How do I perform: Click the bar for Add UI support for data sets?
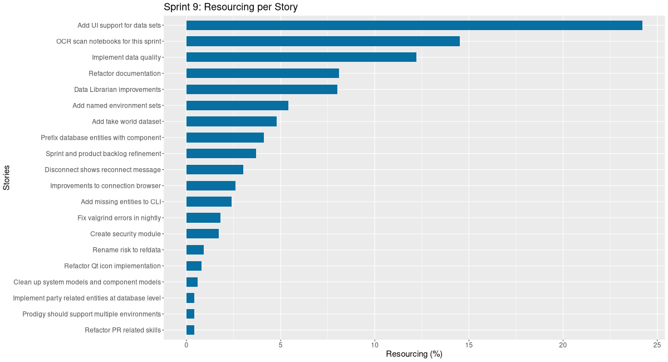pyautogui.click(x=414, y=25)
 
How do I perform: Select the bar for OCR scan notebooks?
pyautogui.click(x=323, y=41)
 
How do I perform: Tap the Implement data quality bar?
pyautogui.click(x=301, y=57)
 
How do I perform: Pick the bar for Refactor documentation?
pyautogui.click(x=262, y=74)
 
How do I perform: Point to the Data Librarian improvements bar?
pyautogui.click(x=262, y=90)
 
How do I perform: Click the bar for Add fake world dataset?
pyautogui.click(x=231, y=121)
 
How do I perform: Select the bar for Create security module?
pyautogui.click(x=202, y=234)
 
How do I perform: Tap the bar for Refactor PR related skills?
pyautogui.click(x=190, y=330)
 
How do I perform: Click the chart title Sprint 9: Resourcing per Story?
pyautogui.click(x=230, y=7)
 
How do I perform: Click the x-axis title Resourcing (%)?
pyautogui.click(x=414, y=354)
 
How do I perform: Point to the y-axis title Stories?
pyautogui.click(x=7, y=178)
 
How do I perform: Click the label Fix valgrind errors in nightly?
pyautogui.click(x=119, y=218)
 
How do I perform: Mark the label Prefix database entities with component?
pyautogui.click(x=101, y=138)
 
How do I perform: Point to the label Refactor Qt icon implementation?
pyautogui.click(x=112, y=266)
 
